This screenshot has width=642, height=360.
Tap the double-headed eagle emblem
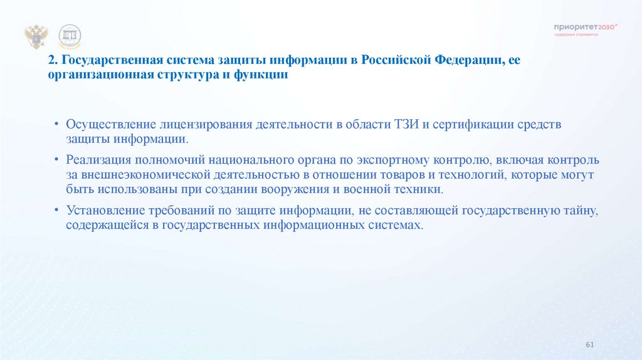(x=36, y=37)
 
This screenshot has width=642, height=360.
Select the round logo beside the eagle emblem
(x=69, y=37)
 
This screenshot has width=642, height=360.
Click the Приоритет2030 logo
(x=585, y=28)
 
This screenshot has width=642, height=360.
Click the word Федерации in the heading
(x=467, y=61)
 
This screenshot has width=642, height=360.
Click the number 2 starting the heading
(x=50, y=61)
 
